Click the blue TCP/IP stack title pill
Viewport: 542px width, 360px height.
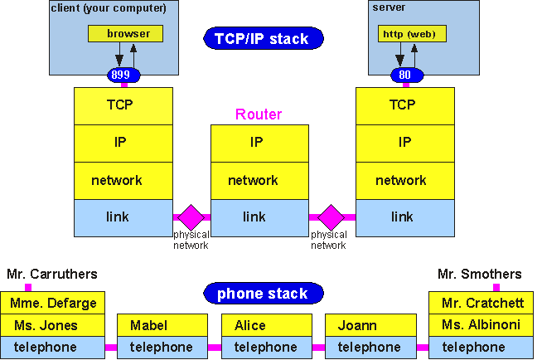[x=263, y=38]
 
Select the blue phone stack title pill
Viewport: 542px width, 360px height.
[x=263, y=294]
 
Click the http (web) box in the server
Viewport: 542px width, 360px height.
[x=412, y=34]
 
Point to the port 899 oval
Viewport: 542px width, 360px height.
[x=123, y=75]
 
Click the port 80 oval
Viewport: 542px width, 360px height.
[x=405, y=75]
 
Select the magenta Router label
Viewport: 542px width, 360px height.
[x=259, y=114]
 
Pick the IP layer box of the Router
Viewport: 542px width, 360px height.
[x=259, y=143]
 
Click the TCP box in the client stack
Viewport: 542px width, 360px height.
[x=123, y=105]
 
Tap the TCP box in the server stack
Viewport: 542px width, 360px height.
[x=404, y=105]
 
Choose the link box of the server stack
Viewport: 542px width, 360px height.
[x=404, y=217]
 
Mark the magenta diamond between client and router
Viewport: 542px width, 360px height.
[x=191, y=217]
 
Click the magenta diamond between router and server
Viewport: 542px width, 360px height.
[x=331, y=217]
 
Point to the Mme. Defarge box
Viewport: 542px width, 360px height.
[x=54, y=303]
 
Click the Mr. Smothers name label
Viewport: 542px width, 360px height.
[x=479, y=274]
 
